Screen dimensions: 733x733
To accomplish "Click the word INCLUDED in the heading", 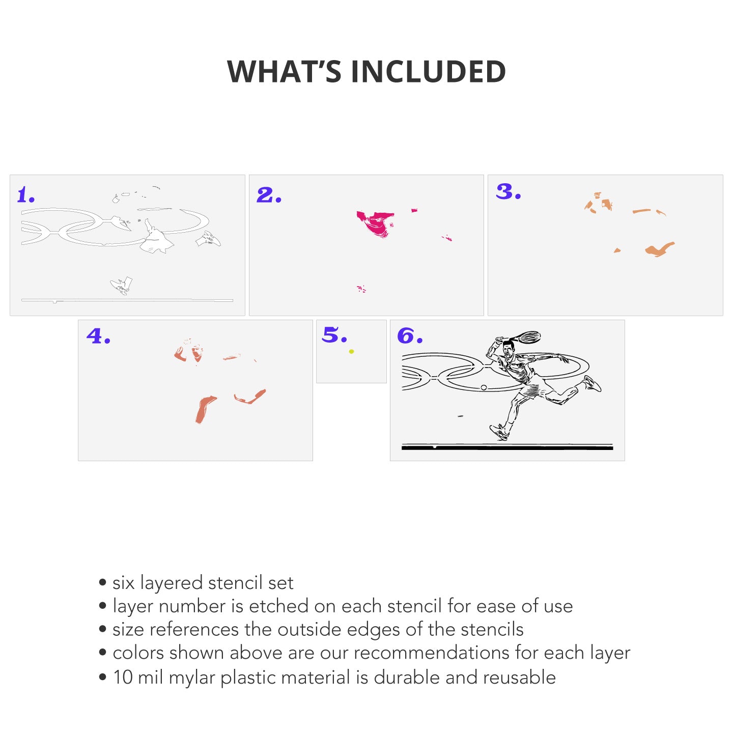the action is point(428,71).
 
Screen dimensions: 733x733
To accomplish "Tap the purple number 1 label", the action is point(26,195).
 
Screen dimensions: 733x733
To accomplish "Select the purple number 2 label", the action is point(269,195).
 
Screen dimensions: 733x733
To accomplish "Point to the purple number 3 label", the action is point(508,191).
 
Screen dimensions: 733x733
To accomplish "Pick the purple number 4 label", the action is point(98,336).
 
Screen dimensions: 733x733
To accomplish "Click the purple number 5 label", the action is point(334,335).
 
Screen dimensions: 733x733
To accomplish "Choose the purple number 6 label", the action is point(410,335).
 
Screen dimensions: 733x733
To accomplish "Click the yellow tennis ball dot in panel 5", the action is point(351,351).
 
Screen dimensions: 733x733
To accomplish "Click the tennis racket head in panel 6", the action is point(529,336).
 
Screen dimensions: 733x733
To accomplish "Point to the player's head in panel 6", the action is point(508,347).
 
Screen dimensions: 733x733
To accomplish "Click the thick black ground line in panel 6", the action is point(507,448).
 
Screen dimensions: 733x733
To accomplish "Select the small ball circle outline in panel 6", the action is point(484,387).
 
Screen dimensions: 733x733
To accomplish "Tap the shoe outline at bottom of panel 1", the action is point(121,285).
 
